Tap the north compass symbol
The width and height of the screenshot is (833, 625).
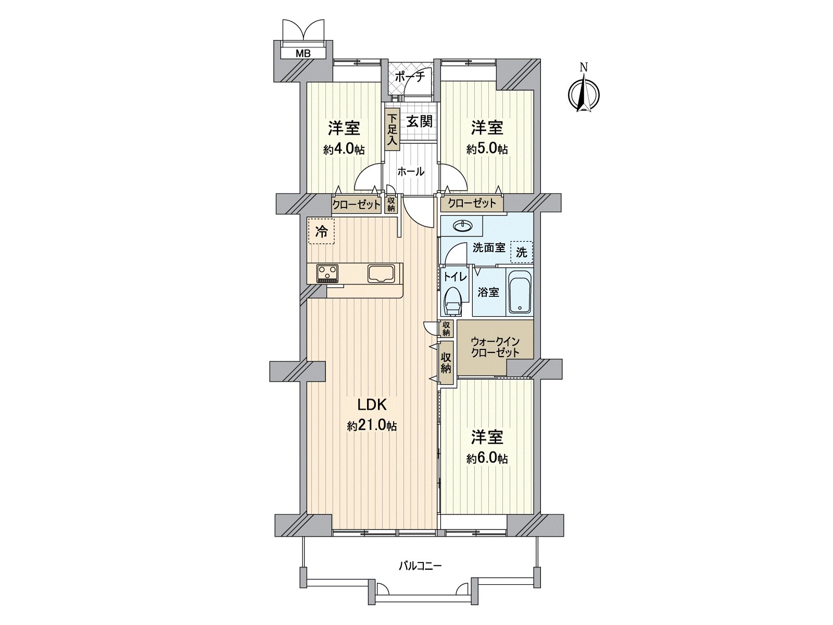pyautogui.click(x=584, y=94)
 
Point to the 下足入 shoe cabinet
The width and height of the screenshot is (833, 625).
pyautogui.click(x=392, y=130)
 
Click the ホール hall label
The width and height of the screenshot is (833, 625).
pyautogui.click(x=411, y=171)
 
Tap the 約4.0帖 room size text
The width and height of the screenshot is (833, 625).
pyautogui.click(x=344, y=150)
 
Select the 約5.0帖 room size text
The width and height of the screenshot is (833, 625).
pyautogui.click(x=487, y=150)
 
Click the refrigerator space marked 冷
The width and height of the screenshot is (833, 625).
pyautogui.click(x=322, y=231)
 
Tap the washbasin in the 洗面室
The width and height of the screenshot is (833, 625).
pyautogui.click(x=462, y=226)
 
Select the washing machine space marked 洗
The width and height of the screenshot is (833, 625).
pyautogui.click(x=521, y=253)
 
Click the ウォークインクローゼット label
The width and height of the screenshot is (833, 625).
pyautogui.click(x=495, y=347)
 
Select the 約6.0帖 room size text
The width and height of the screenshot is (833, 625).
pyautogui.click(x=487, y=459)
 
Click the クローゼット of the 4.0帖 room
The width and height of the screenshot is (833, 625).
pyautogui.click(x=357, y=205)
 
